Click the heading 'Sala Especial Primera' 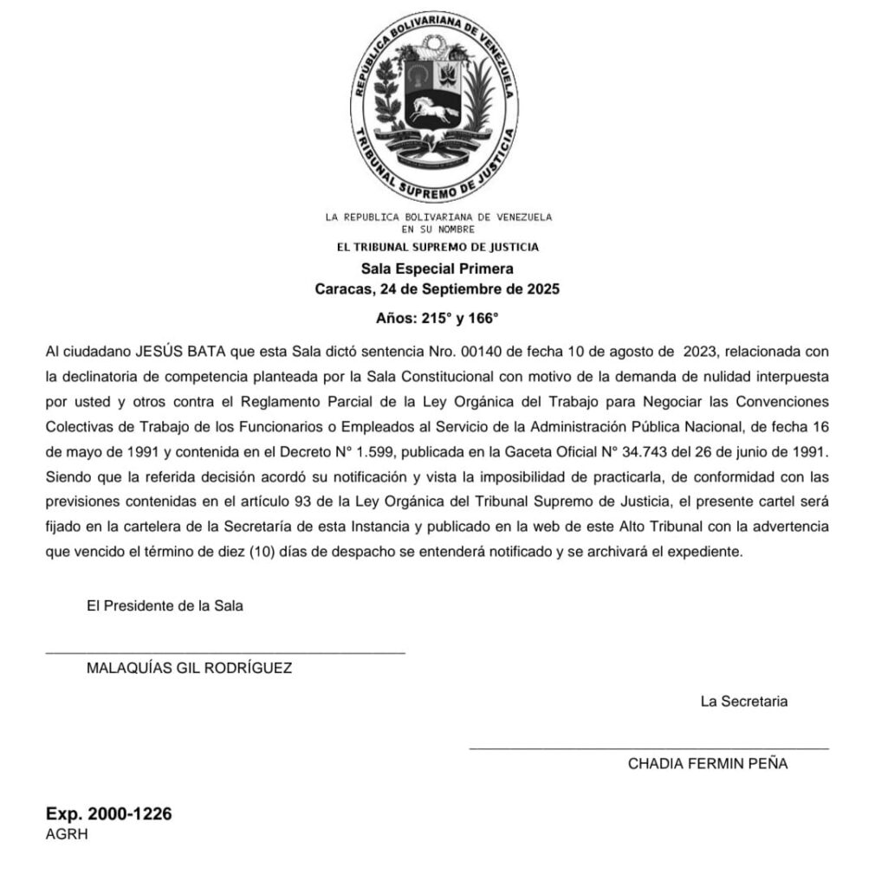(437, 269)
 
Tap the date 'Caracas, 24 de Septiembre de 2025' (437, 288)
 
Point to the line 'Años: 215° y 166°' (437, 318)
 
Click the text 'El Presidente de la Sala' (165, 606)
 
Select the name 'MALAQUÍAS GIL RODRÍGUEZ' (190, 668)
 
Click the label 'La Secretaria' (744, 702)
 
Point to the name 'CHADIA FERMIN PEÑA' (708, 764)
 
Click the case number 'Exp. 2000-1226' (108, 814)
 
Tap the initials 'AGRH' (67, 834)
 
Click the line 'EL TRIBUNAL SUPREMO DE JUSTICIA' (437, 247)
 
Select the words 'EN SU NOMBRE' (437, 229)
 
